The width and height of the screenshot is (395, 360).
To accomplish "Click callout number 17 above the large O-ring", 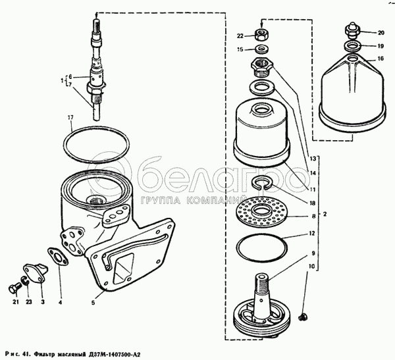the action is (70, 117).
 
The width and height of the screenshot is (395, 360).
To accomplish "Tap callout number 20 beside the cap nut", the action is (381, 33).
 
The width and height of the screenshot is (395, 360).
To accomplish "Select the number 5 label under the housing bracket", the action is (93, 303).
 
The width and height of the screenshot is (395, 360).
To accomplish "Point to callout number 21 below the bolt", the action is (16, 301).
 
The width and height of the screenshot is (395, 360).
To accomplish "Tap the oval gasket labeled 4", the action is (58, 257).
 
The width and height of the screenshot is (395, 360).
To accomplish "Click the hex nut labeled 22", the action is (261, 34).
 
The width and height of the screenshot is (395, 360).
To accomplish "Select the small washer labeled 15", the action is (261, 49).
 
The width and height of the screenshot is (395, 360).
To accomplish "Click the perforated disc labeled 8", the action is (261, 211).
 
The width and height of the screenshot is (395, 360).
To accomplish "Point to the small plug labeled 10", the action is (303, 317).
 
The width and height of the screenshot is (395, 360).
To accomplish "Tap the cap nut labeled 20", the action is (352, 30).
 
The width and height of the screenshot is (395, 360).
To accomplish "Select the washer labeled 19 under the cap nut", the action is (353, 46).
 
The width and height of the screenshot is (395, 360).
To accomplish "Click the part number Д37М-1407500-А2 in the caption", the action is (115, 355).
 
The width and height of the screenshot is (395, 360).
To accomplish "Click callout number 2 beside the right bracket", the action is (325, 214).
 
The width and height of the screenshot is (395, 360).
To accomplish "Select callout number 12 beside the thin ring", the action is (312, 233).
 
